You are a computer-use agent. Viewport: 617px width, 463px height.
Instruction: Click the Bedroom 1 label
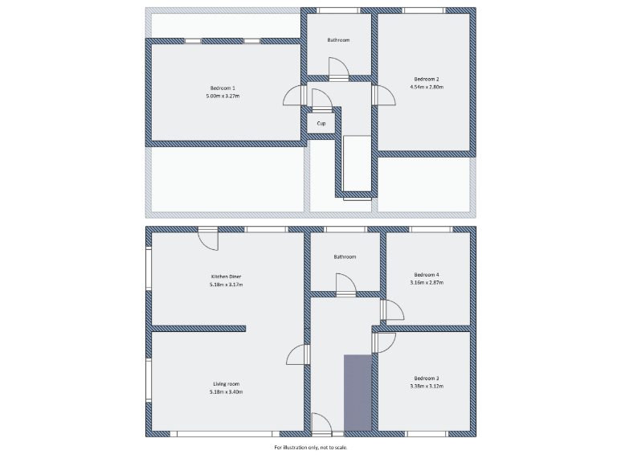223,87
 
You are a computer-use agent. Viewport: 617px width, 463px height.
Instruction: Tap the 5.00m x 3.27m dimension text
223,96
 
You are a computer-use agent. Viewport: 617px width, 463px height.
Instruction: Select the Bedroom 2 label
426,79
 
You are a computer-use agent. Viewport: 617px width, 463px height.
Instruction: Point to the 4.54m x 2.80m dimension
426,87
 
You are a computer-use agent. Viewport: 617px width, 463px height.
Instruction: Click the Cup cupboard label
321,123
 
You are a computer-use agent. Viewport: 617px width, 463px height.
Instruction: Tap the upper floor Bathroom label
338,39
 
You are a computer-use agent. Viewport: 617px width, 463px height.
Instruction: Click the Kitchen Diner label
227,276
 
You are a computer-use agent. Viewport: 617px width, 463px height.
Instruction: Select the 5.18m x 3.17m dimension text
227,285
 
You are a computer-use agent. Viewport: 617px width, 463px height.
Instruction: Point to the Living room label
227,383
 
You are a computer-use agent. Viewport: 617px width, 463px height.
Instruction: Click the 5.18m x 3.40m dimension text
227,391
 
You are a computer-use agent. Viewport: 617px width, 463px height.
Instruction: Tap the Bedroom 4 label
426,274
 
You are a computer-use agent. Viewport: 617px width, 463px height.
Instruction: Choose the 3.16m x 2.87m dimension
426,283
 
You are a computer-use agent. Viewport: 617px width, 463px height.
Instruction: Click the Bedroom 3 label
427,378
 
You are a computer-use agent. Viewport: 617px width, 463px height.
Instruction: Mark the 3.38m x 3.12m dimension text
427,387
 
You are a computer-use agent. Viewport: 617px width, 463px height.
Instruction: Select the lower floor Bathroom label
345,256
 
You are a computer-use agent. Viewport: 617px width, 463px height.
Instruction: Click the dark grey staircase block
358,392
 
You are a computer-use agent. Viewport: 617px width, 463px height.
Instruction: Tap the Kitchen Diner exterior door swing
208,239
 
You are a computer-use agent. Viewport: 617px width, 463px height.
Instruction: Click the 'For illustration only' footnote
311,447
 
